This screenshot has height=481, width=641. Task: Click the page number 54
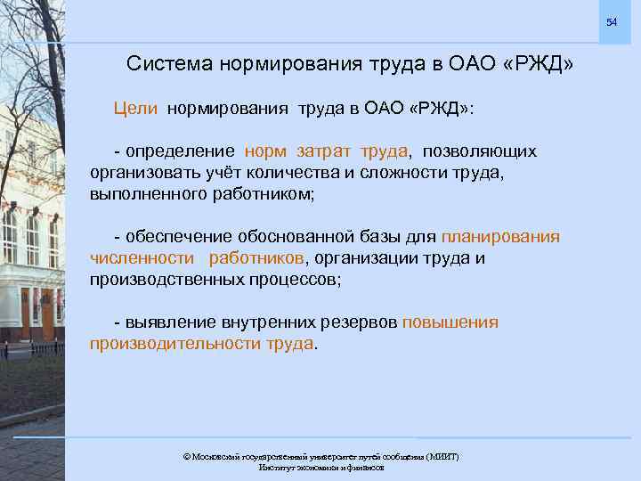(612, 21)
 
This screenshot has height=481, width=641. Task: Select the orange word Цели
(135, 109)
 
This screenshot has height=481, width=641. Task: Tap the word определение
(180, 151)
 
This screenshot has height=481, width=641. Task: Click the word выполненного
(146, 193)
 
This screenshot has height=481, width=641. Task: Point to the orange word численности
(142, 258)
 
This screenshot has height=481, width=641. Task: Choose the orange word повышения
(450, 322)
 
